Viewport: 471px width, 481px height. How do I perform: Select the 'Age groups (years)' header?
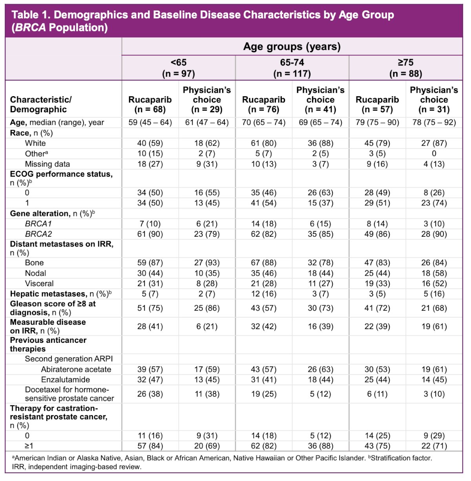pyautogui.click(x=292, y=47)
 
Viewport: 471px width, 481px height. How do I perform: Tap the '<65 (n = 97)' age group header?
pyautogui.click(x=179, y=68)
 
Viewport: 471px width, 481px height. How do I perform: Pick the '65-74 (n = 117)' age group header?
pyautogui.click(x=292, y=68)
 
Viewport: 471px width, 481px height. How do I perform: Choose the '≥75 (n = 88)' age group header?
pyautogui.click(x=405, y=68)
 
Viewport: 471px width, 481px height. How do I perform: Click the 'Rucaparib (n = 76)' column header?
pyautogui.click(x=264, y=104)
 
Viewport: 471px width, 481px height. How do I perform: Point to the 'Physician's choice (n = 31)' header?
pyautogui.click(x=434, y=100)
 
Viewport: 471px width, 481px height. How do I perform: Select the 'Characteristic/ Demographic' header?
pyautogui.click(x=41, y=104)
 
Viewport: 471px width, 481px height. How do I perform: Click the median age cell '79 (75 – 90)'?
pyautogui.click(x=377, y=122)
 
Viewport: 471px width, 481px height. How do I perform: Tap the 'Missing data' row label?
pyautogui.click(x=47, y=164)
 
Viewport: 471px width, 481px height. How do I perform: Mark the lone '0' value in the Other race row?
pyautogui.click(x=434, y=153)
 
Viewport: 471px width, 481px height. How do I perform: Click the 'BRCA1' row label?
pyautogui.click(x=38, y=224)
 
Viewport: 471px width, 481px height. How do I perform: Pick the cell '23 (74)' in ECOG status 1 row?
pyautogui.click(x=434, y=203)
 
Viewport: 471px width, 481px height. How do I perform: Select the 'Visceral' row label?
pyautogui.click(x=39, y=283)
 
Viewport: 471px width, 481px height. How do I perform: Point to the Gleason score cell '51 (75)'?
pyautogui.click(x=150, y=308)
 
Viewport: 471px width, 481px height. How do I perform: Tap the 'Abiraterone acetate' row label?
pyautogui.click(x=76, y=369)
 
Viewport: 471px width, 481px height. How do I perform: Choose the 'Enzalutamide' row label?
pyautogui.click(x=66, y=379)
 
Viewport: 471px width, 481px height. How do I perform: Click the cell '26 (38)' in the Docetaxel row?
pyautogui.click(x=150, y=394)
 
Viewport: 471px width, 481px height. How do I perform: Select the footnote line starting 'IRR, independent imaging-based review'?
pyautogui.click(x=77, y=467)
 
